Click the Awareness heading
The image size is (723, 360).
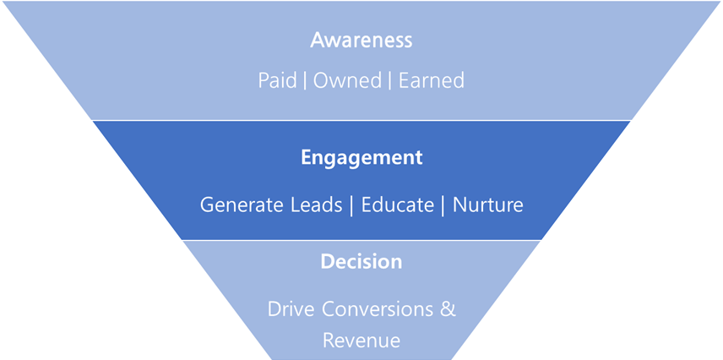coord(361,40)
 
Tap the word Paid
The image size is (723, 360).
coord(278,80)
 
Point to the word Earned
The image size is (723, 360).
coord(431,80)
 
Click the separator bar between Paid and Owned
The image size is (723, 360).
coord(305,80)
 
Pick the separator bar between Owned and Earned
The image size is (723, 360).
coord(391,80)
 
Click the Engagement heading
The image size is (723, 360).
coord(361,157)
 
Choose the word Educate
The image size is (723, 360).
coord(396,205)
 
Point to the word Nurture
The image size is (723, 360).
coord(487,205)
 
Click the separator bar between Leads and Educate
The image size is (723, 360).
coord(351,205)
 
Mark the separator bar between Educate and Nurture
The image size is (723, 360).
coord(443,205)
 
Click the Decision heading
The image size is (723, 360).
coord(361,262)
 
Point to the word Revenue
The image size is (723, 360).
coord(361,340)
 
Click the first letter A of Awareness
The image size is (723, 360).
coord(318,40)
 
